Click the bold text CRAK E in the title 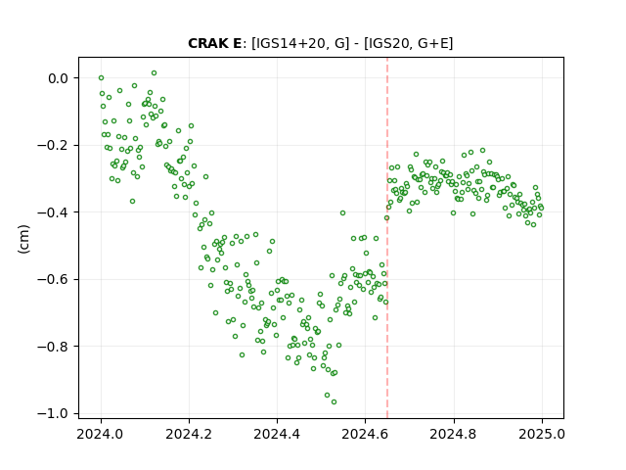point(214,43)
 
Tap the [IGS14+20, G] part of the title point(300,43)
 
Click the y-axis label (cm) point(23,239)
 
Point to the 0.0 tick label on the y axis point(58,78)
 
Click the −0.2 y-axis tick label point(53,145)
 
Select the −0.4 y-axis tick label point(53,212)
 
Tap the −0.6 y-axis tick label point(53,279)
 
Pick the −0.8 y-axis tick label point(53,346)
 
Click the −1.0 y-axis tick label point(53,413)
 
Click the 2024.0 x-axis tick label point(100,434)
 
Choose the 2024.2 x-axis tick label point(189,434)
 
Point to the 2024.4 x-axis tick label point(277,434)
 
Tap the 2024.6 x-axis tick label point(365,434)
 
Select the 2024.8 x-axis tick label point(453,434)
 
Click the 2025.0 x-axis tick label point(542,434)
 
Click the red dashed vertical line point(387,238)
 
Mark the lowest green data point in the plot point(334,401)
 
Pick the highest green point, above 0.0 point(154,73)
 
